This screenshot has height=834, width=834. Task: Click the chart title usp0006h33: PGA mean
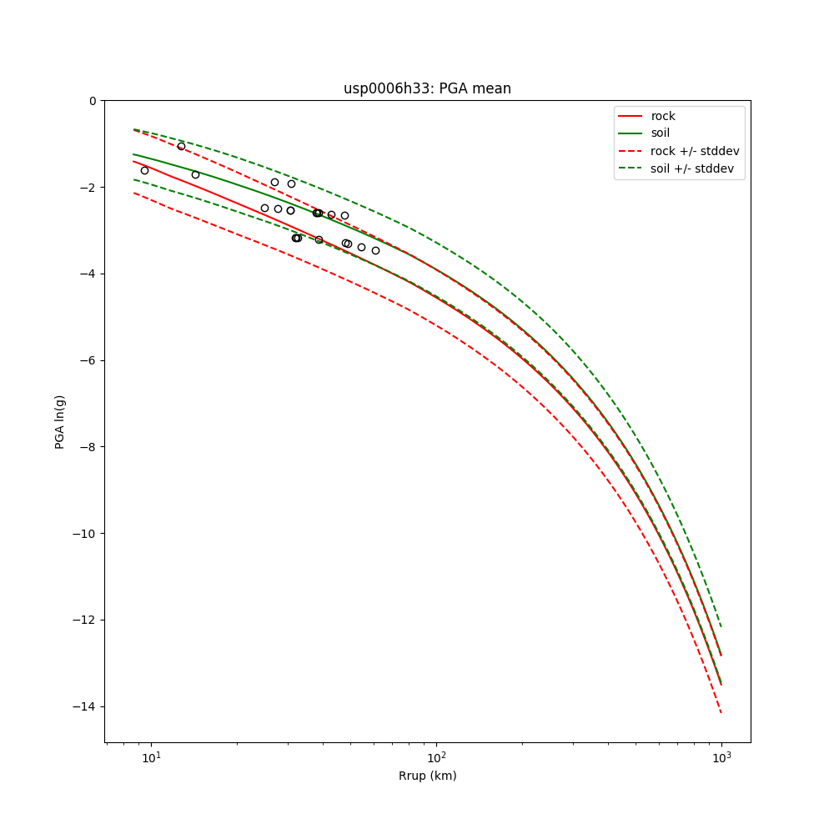point(427,88)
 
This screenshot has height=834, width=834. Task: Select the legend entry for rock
point(663,116)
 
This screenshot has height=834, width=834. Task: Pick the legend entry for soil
point(660,133)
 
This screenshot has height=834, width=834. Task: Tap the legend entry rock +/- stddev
point(695,151)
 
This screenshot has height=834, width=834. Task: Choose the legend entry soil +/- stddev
point(694,168)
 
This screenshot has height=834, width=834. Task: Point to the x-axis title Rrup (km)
point(427,776)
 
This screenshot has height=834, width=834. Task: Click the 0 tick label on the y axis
point(93,101)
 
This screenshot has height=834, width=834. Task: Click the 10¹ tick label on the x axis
point(151,757)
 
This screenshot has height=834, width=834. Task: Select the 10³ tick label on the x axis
point(721,757)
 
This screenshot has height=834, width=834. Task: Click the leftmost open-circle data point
point(144,170)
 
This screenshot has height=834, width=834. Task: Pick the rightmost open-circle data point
point(375,250)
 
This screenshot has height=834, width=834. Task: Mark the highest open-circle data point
point(181,146)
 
